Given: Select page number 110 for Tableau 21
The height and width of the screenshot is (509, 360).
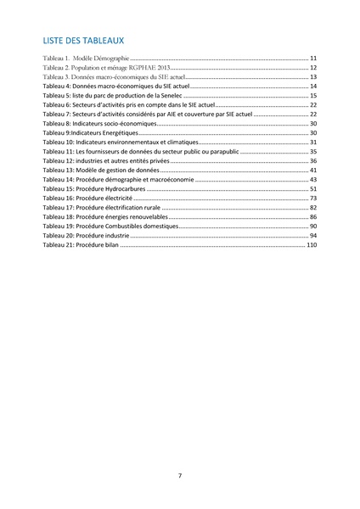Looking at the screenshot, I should coord(311,244).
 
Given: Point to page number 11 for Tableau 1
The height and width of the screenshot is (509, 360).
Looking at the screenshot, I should coord(313,58).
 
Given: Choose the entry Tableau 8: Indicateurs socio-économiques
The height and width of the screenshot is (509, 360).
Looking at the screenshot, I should coord(99,123).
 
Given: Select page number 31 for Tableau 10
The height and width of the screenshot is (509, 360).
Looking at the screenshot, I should coord(313,142).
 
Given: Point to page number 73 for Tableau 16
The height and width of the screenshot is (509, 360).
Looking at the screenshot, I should coord(313,198).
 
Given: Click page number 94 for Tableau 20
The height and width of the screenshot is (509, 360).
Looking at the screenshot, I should coord(313,235).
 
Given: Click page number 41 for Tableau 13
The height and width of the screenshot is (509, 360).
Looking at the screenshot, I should coord(313,170).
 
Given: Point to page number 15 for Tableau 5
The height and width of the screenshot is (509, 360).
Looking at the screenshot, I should coord(313,95).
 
